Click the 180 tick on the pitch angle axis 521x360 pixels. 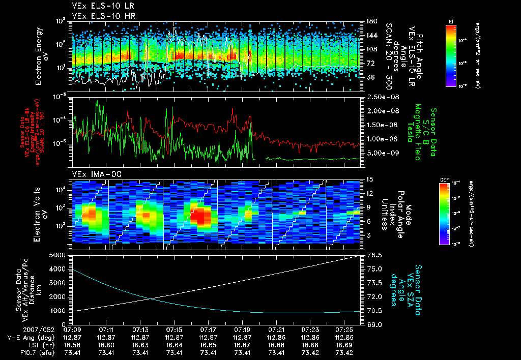coord(370,21)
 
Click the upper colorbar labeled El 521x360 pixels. coord(451,55)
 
